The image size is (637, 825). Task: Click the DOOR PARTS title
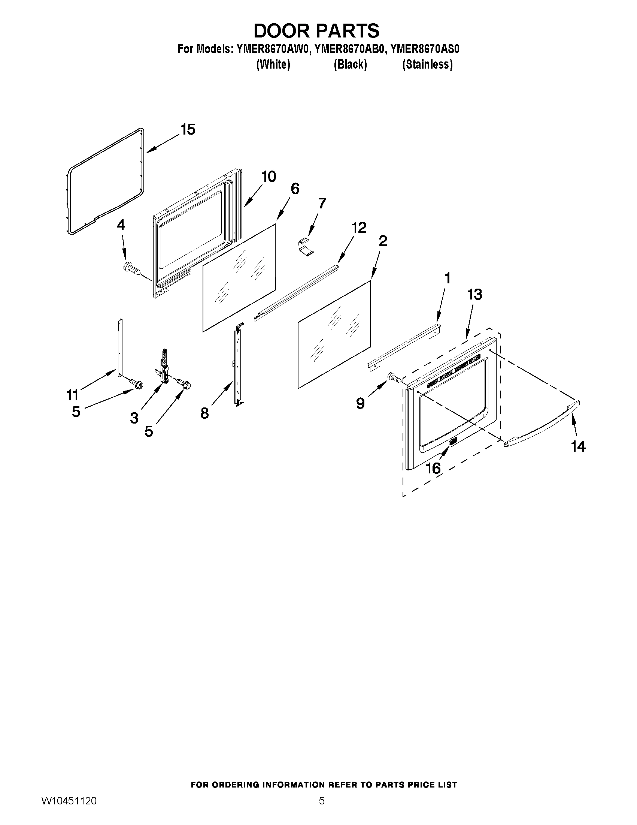(x=316, y=31)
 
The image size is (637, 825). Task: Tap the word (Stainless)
(x=427, y=64)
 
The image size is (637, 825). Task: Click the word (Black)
(x=350, y=64)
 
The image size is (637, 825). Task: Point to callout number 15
(x=188, y=130)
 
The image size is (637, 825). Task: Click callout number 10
(x=269, y=177)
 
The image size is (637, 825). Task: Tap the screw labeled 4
(x=131, y=269)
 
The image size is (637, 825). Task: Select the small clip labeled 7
(x=306, y=247)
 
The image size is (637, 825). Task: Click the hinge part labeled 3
(x=163, y=368)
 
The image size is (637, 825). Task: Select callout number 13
(x=475, y=294)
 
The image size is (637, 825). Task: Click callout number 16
(x=433, y=469)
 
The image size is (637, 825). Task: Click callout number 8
(x=204, y=414)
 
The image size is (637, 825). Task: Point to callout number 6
(x=295, y=189)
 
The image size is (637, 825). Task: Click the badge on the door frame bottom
(x=452, y=441)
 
